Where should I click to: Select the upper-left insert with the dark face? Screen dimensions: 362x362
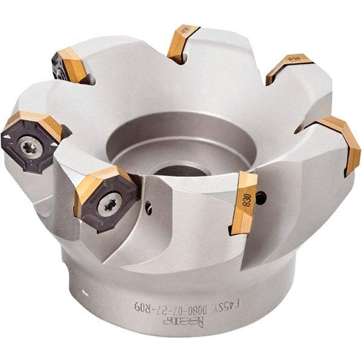pyautogui.click(x=68, y=65)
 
